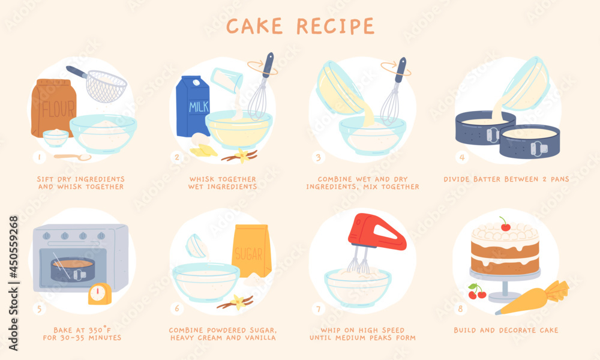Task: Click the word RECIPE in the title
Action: click(x=335, y=26)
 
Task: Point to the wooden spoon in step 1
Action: click(x=73, y=157)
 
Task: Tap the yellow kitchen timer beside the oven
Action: click(x=100, y=294)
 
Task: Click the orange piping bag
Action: click(x=531, y=300)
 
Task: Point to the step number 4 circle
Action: click(x=462, y=158)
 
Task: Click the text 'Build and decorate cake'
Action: click(x=506, y=330)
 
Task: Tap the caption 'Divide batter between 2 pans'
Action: click(x=506, y=179)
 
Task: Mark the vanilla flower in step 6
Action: click(x=241, y=301)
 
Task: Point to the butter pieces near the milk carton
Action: click(x=203, y=150)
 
